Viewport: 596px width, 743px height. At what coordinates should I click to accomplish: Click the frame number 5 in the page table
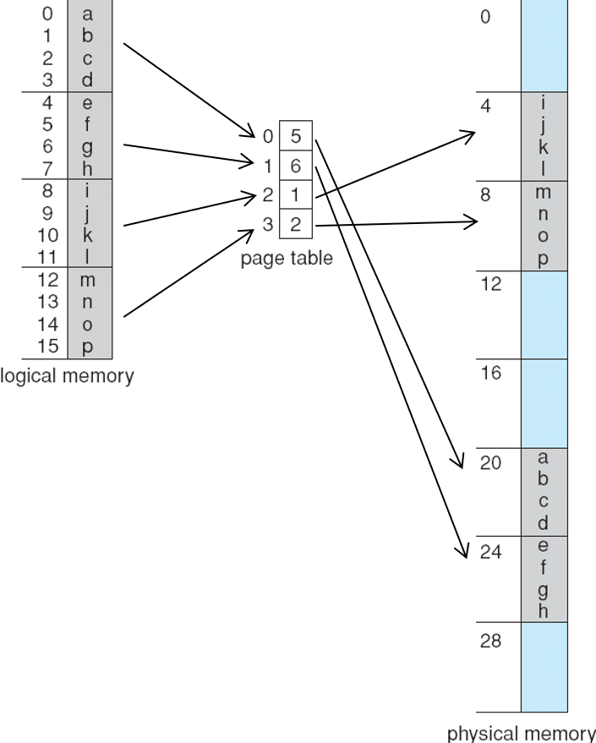point(296,134)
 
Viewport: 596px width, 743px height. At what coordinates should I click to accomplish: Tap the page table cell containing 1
point(296,195)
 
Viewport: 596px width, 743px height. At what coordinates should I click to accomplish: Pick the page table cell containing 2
point(296,226)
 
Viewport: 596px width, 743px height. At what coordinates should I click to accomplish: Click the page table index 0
point(268,134)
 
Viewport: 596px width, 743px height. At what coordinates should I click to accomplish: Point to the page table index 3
point(268,226)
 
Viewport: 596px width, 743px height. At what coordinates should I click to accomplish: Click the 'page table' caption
point(287,259)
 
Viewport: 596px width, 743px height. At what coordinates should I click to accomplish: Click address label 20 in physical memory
point(491,462)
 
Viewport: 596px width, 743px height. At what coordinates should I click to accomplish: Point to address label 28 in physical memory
point(491,640)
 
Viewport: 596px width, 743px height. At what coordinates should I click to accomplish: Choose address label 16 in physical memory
point(491,373)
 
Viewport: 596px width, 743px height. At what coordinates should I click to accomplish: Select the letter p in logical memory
point(87,345)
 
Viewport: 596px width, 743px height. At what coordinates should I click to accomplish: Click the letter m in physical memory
point(544,193)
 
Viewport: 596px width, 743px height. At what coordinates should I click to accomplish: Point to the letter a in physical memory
point(544,458)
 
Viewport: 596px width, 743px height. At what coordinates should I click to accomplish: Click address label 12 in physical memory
point(491,284)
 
